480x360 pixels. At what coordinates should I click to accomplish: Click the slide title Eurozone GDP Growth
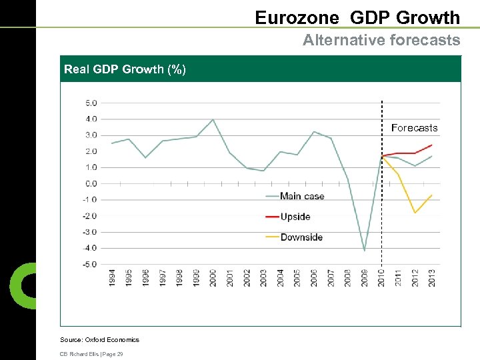357,17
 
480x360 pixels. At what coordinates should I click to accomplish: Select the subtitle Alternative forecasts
381,40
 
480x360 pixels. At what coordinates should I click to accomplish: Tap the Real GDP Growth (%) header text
125,69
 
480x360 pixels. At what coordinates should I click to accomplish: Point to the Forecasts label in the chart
414,128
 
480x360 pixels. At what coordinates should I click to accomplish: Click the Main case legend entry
301,196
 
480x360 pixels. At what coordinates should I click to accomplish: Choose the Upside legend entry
295,217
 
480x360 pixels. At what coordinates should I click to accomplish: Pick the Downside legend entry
301,237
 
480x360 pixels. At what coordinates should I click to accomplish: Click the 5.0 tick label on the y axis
91,103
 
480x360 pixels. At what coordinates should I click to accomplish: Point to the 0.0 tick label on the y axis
91,183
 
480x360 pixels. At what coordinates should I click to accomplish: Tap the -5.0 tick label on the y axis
89,264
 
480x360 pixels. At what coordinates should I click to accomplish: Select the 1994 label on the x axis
112,278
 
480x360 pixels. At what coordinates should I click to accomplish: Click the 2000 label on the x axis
213,278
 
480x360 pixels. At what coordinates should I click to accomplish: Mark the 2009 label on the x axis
365,278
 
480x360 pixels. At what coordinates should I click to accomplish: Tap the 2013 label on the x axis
432,278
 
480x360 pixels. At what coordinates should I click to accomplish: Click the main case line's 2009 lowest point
365,250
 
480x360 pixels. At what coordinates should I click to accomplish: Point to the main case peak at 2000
213,120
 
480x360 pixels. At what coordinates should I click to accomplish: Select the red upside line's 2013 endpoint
432,145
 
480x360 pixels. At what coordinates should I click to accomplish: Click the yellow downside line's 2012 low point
415,213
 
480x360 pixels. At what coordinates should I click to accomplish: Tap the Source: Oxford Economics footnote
99,340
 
